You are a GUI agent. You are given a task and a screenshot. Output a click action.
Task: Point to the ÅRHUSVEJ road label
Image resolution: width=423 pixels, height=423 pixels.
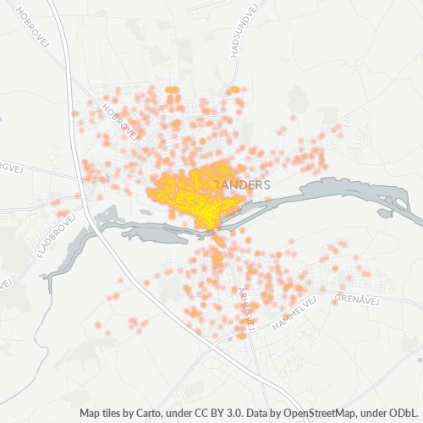coord(245,300)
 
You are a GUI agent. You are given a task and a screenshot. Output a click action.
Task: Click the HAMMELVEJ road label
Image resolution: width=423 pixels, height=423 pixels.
coord(295,313)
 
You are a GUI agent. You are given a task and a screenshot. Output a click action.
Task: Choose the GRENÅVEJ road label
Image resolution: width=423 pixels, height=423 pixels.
coord(354,299)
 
